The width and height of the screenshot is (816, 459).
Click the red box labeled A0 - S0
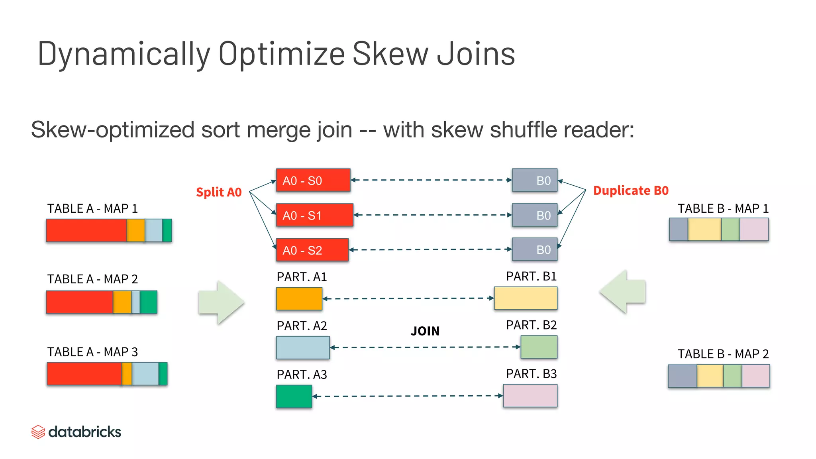[313, 180]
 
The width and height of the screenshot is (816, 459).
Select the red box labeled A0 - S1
[315, 215]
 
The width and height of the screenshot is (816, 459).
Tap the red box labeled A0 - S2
[312, 250]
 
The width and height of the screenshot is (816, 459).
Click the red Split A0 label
[219, 192]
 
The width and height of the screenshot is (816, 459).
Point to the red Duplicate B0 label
[631, 190]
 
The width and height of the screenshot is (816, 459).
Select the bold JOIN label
[425, 331]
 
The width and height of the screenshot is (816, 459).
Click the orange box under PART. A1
[299, 299]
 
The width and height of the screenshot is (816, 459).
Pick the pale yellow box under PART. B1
[526, 298]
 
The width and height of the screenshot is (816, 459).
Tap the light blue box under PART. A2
[303, 347]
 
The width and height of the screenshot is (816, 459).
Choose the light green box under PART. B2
[539, 347]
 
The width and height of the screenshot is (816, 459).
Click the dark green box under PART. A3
[294, 396]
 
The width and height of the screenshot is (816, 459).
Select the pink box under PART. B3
[530, 396]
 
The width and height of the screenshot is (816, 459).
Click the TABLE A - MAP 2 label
[92, 279]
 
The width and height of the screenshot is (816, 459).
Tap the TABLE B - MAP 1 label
[723, 208]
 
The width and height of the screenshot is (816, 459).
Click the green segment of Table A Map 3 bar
[163, 374]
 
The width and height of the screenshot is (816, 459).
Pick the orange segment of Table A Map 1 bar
[135, 230]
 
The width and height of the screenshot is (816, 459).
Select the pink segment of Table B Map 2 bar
[755, 376]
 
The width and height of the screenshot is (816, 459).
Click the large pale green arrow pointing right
[221, 302]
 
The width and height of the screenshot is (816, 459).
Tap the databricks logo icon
[38, 432]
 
